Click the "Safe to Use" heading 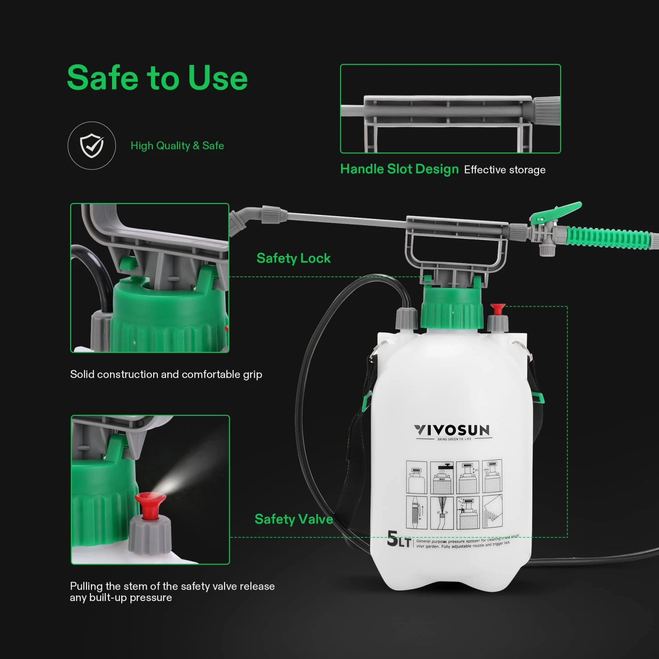click(x=157, y=78)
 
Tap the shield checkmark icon click(x=92, y=145)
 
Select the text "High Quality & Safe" click(x=177, y=146)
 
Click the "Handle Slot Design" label click(x=399, y=169)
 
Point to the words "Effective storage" click(x=505, y=170)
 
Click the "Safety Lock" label click(x=293, y=258)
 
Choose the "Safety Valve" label click(x=293, y=519)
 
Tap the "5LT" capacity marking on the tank click(x=398, y=540)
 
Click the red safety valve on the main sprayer click(x=498, y=308)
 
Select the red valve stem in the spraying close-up click(x=150, y=505)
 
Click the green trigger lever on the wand click(x=558, y=212)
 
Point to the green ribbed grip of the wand click(x=608, y=238)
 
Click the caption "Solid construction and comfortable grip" click(x=166, y=374)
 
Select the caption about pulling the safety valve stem click(x=172, y=592)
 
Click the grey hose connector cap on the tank click(x=406, y=318)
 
